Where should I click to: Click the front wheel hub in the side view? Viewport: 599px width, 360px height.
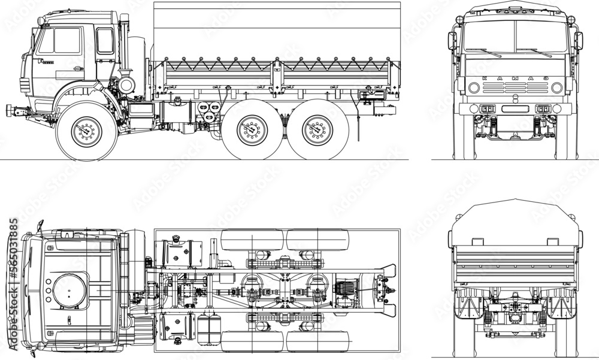(x=87, y=130)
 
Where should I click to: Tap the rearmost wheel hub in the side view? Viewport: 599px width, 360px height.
(x=317, y=131)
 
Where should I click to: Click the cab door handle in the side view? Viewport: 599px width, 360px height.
(x=44, y=60)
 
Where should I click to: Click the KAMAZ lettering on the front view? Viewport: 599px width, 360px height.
(x=515, y=78)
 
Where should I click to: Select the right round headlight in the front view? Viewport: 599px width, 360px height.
(x=556, y=88)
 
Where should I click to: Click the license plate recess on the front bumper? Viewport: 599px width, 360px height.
(x=515, y=108)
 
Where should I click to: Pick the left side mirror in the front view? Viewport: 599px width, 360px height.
(x=452, y=41)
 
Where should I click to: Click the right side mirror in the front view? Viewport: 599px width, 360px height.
(x=578, y=41)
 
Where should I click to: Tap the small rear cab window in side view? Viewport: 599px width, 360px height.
(x=104, y=41)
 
